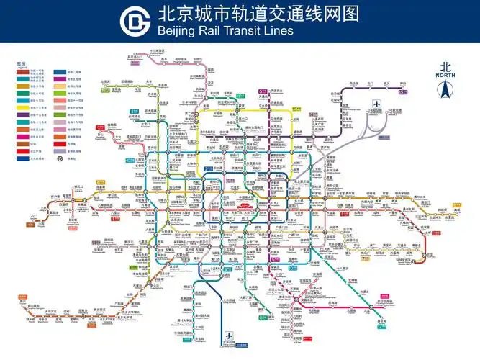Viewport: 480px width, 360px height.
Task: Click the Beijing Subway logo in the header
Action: pos(132,21)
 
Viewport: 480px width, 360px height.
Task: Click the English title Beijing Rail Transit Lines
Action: pos(224,32)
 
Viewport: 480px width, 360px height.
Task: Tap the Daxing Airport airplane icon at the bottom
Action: pos(229,336)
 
